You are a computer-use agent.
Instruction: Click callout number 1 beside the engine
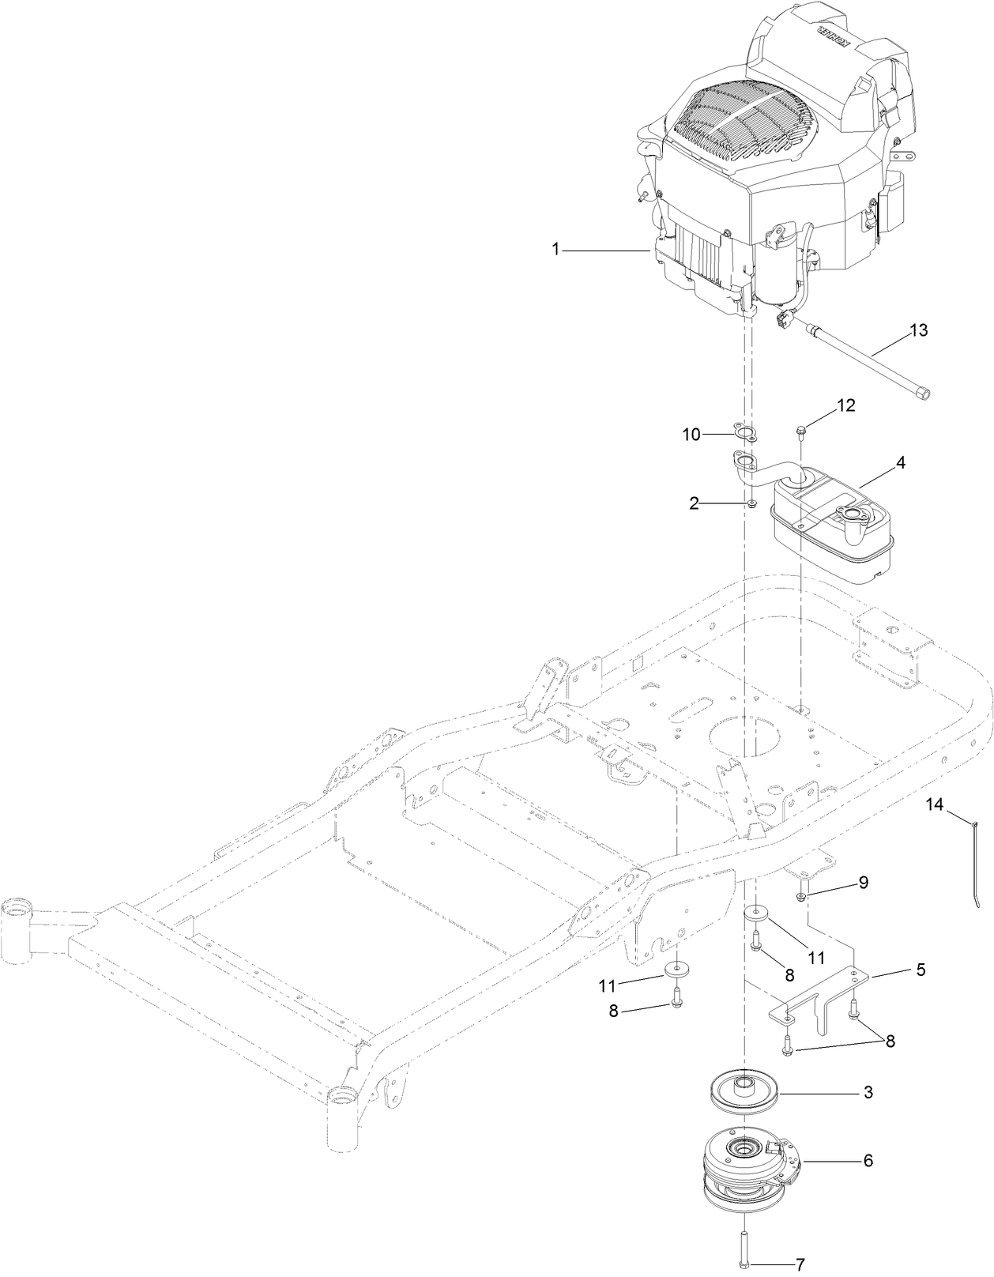(555, 249)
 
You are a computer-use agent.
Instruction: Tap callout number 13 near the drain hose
(918, 330)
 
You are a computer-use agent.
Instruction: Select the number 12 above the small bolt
(846, 405)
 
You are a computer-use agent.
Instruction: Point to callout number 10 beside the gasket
(691, 434)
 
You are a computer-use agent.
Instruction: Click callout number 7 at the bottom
(800, 1264)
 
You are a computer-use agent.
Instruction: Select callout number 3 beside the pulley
(868, 1093)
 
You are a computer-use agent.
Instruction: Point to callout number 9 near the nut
(863, 883)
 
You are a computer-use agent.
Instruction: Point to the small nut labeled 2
(754, 503)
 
